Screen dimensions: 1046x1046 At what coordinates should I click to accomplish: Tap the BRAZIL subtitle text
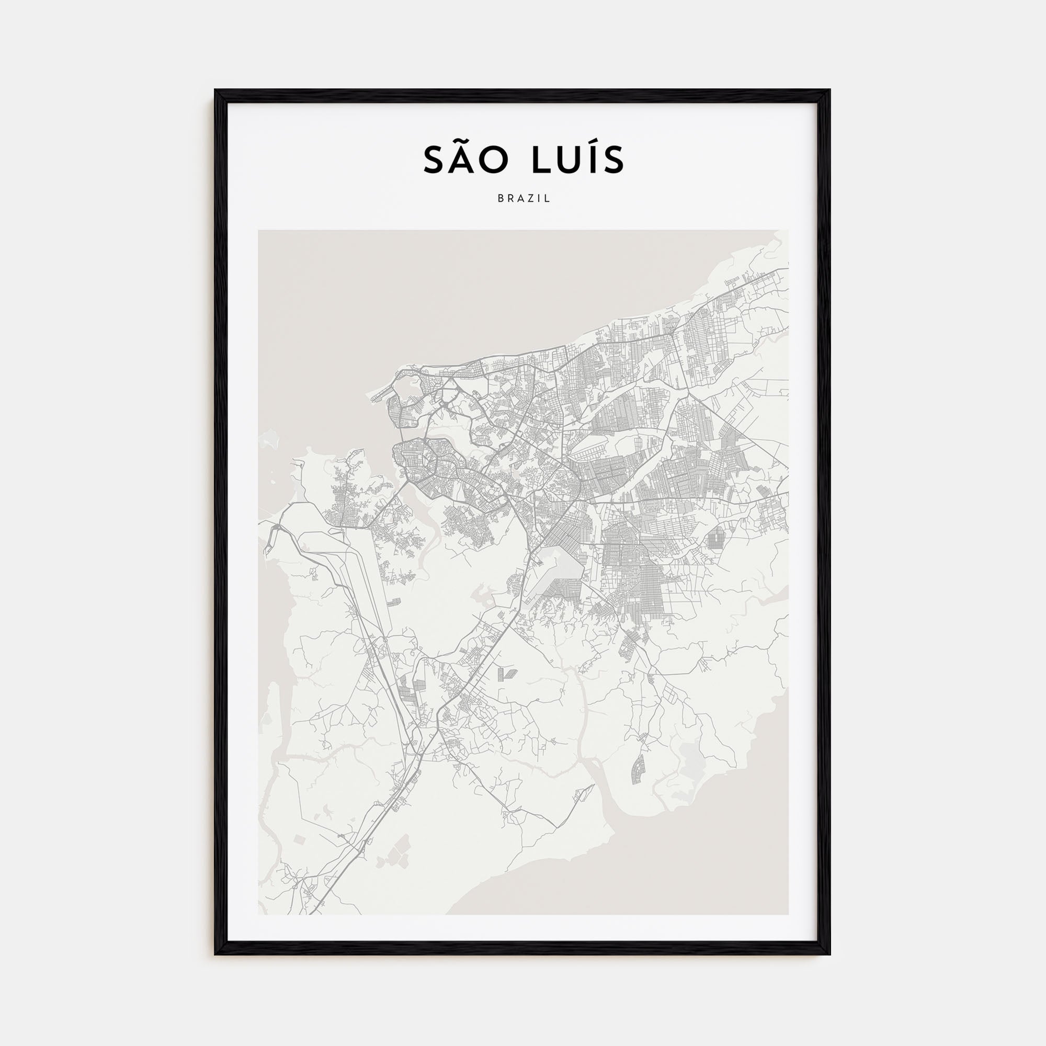point(524,199)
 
